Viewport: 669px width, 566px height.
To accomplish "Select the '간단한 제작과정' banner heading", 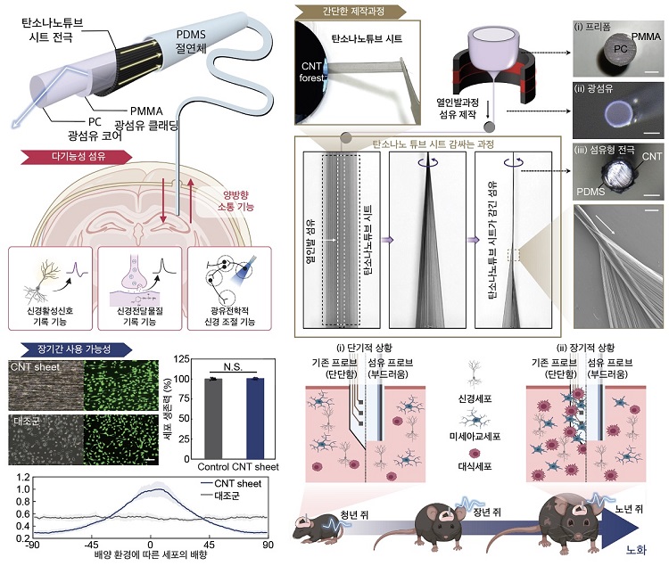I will [351, 11].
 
